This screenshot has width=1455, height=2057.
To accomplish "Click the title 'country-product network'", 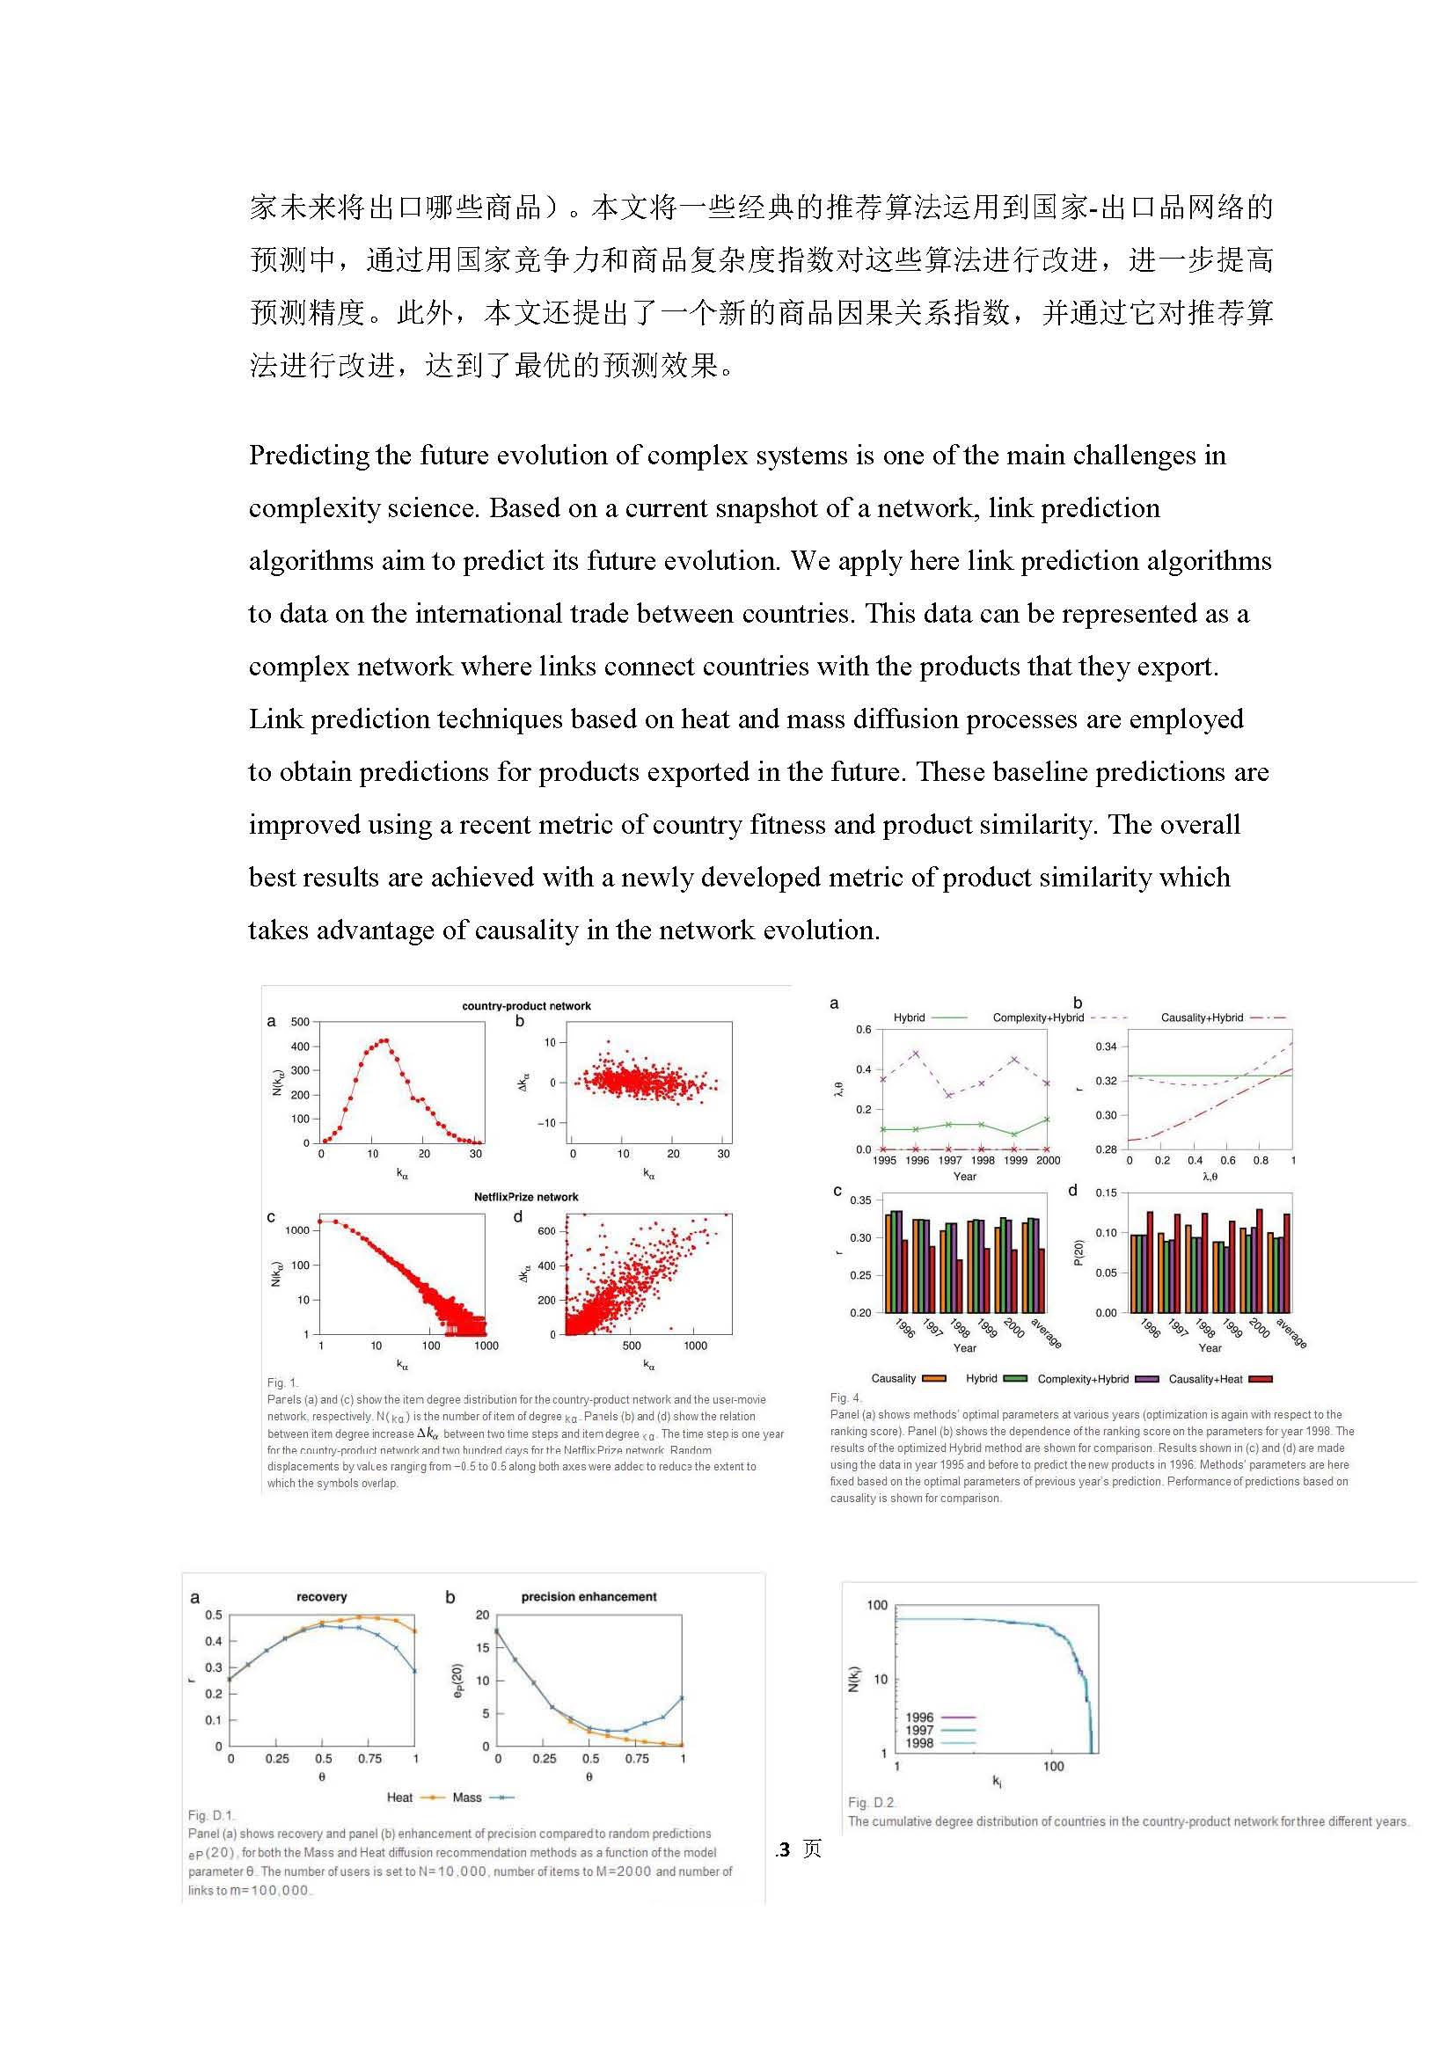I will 526,1005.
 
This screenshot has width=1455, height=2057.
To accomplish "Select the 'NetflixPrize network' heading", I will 526,1197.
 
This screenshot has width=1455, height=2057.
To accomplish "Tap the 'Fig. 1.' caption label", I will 282,1382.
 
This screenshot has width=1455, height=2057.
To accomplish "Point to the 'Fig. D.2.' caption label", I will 872,1803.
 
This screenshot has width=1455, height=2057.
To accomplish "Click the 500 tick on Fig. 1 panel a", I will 300,1022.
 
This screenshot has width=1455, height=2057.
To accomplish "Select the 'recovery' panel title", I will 321,1596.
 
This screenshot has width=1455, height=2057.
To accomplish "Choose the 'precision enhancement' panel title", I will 589,1596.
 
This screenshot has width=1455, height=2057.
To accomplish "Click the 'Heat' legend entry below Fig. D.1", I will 399,1798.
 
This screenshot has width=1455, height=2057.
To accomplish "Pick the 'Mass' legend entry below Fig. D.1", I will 467,1798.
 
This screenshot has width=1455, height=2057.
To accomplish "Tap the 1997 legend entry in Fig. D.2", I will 920,1730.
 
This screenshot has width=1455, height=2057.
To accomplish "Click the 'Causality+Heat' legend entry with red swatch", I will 1206,1379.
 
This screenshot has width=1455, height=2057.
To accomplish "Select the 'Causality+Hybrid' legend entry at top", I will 1202,1018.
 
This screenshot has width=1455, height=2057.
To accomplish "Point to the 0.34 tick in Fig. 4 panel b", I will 1107,1047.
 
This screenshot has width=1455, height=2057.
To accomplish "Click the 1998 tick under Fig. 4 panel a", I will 983,1160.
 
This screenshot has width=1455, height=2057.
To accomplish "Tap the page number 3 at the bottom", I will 785,1849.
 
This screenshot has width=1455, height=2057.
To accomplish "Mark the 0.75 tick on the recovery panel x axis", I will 370,1759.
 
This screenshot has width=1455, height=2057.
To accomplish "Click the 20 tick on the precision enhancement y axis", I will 482,1616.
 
